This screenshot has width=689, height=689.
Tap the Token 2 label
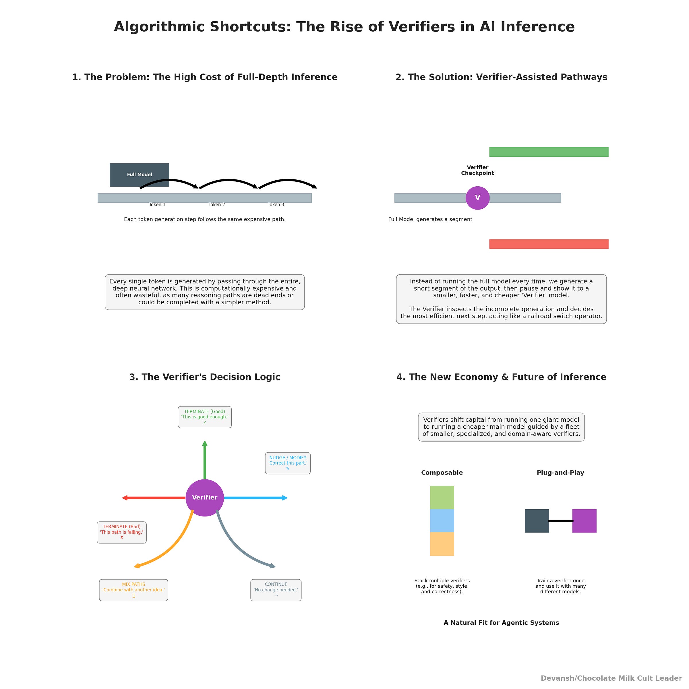[216, 205]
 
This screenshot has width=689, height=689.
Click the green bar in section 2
[549, 152]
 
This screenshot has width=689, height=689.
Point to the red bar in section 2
[549, 244]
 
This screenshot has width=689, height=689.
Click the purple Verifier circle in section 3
[205, 498]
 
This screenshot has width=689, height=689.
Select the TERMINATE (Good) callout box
[205, 417]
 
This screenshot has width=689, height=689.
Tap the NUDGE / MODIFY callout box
[288, 463]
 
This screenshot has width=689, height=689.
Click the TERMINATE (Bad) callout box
[122, 533]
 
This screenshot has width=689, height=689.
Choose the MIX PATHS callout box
[133, 590]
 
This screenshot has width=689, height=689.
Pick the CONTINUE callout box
[276, 590]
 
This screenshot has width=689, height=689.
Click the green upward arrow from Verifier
[205, 460]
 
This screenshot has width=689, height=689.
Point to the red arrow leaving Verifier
[153, 498]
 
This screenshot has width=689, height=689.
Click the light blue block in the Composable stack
[442, 521]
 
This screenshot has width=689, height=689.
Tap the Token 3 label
[276, 205]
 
